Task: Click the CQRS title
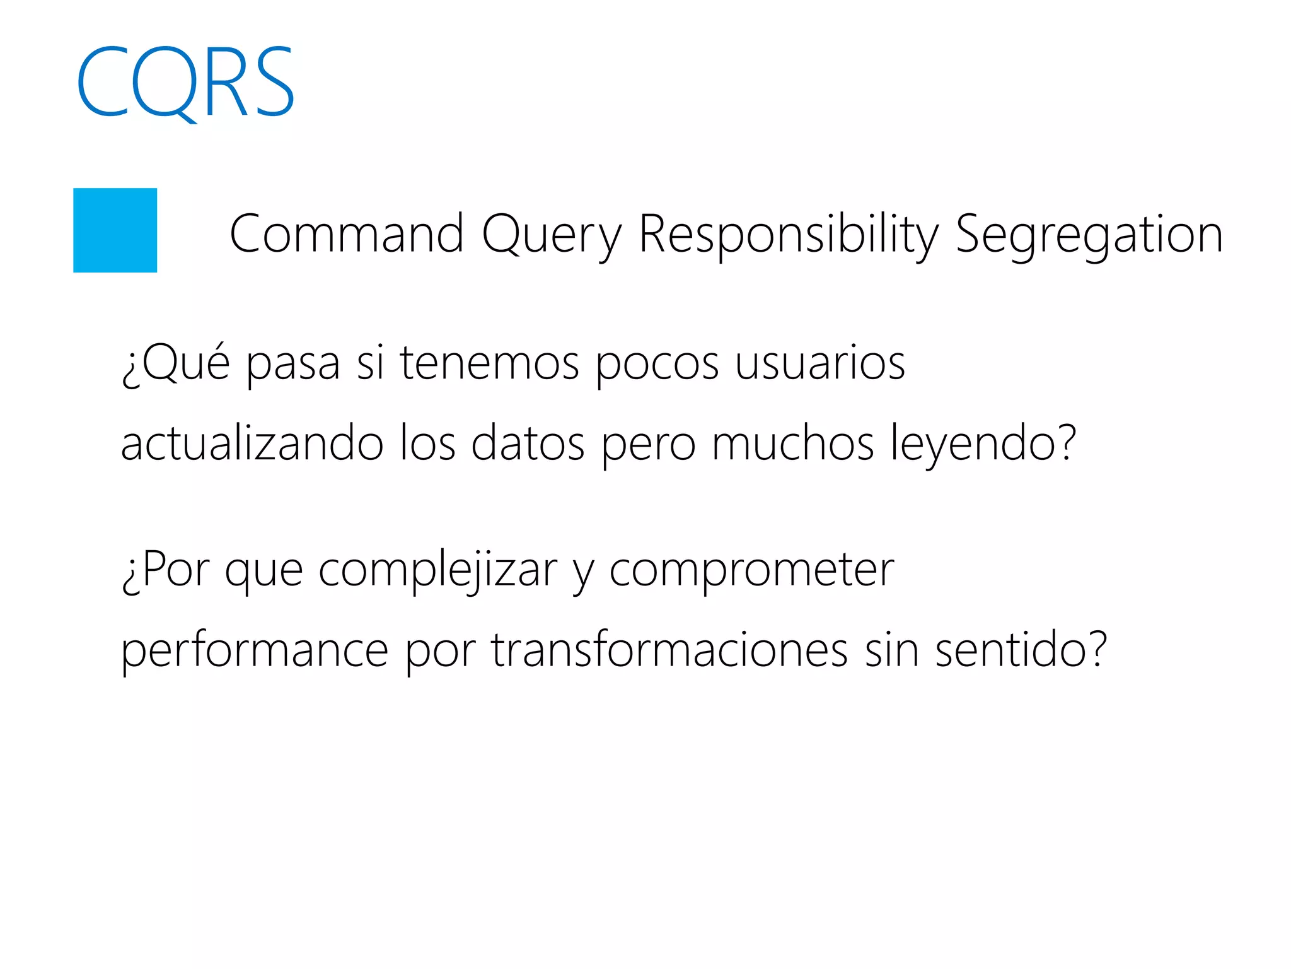pos(185,82)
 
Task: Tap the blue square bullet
pos(115,230)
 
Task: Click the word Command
pos(347,234)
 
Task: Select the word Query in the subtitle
pos(552,234)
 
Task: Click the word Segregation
pos(1089,234)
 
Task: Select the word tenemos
pos(489,363)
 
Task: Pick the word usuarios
pos(820,363)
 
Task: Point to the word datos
pos(528,443)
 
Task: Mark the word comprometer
pos(751,570)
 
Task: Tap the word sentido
pos(1020,650)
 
